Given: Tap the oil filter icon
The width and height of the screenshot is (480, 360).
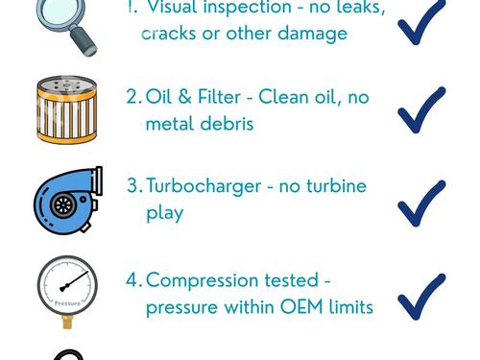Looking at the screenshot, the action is [67, 109].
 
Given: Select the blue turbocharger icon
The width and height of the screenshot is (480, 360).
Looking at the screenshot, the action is [68, 201].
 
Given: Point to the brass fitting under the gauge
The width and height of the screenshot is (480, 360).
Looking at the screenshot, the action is [67, 322].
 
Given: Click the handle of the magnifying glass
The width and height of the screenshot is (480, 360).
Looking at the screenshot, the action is [83, 41].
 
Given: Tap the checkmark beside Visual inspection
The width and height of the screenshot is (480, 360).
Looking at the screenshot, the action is [421, 22].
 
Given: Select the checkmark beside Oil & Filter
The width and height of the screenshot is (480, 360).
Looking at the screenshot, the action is [421, 109].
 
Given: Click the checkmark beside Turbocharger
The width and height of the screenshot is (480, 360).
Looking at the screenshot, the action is [421, 204].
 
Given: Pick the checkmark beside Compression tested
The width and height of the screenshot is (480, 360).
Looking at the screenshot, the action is [421, 297].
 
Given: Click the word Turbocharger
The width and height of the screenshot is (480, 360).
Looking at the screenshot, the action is [204, 186].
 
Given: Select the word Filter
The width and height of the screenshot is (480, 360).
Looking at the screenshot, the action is [219, 97].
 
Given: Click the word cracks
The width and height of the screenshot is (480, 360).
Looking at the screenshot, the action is [168, 34].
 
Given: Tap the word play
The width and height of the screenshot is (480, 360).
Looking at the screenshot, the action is [164, 214].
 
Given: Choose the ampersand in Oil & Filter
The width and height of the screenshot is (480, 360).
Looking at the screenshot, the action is [184, 97].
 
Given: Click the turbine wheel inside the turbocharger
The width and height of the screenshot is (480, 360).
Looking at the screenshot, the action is [63, 205].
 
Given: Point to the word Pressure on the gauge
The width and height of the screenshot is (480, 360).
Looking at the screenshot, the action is [67, 303].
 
